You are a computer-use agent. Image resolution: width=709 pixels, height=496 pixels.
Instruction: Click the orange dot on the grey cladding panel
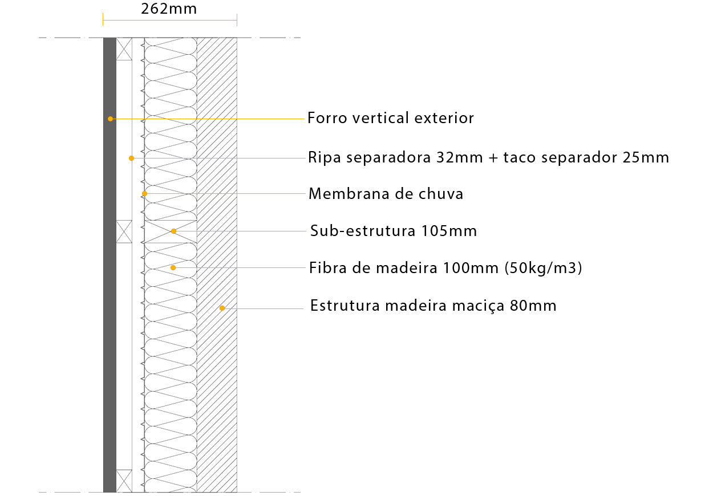[x=110, y=119]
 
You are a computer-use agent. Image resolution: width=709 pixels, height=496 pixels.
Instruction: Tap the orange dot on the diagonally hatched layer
[x=222, y=308]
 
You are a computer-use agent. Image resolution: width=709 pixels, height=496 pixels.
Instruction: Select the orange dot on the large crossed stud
[x=173, y=231]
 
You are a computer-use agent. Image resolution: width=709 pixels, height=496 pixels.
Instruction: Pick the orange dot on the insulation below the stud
[x=173, y=267]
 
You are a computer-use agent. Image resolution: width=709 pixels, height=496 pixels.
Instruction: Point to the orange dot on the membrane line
[x=144, y=193]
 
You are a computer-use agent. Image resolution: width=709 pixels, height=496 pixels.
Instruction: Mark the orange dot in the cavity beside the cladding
[x=131, y=158]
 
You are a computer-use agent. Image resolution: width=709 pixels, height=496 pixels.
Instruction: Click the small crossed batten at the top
[x=124, y=49]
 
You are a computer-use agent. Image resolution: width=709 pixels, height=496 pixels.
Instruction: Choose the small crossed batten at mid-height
[x=124, y=231]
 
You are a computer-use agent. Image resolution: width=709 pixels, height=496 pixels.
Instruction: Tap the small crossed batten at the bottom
[x=124, y=481]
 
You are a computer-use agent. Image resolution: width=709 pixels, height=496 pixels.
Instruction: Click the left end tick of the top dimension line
[x=103, y=20]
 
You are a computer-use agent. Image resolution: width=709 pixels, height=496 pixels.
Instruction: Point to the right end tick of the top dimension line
[x=237, y=20]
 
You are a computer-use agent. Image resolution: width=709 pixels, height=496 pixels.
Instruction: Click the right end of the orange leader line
[x=304, y=119]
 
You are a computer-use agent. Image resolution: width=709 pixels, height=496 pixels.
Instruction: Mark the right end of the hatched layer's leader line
[x=303, y=308]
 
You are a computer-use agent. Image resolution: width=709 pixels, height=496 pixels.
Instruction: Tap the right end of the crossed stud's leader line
[x=306, y=231]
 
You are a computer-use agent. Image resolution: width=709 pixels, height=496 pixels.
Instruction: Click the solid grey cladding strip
[x=110, y=342]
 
